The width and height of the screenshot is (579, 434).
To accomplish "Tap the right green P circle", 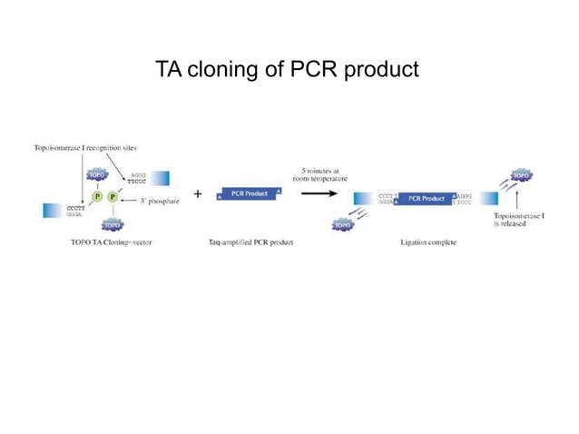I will (113, 196).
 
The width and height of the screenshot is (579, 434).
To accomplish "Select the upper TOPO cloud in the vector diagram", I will (97, 173).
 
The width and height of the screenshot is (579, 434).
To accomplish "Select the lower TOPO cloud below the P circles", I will (113, 222).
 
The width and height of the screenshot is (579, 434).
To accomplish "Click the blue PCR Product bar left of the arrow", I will (250, 193).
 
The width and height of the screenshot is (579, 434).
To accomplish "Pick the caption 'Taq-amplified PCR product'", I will (250, 242).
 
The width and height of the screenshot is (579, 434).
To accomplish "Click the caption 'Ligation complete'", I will (428, 242).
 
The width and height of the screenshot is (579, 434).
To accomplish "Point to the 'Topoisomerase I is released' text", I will (518, 219).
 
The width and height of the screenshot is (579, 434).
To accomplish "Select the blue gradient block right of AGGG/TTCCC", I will (160, 178).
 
